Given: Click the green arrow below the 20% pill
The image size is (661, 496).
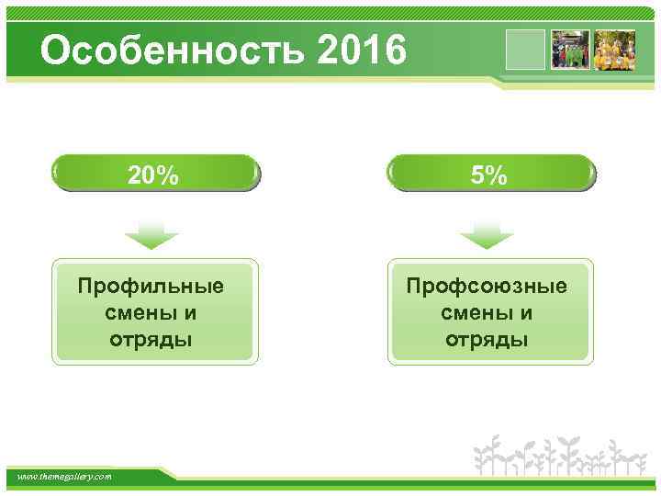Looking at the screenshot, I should (151, 236).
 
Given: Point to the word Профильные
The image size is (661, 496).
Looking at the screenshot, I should (151, 286).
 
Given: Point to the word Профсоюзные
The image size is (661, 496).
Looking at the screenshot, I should (487, 286).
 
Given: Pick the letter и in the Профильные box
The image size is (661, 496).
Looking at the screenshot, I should (190, 313).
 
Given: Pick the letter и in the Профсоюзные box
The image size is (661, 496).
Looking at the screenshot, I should (526, 313).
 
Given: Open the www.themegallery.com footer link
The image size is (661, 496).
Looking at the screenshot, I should (65, 477).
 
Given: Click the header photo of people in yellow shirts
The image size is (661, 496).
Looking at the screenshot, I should (615, 51).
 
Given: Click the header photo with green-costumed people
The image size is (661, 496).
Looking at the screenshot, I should (569, 51).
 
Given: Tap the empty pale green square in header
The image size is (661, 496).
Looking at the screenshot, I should (526, 51).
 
